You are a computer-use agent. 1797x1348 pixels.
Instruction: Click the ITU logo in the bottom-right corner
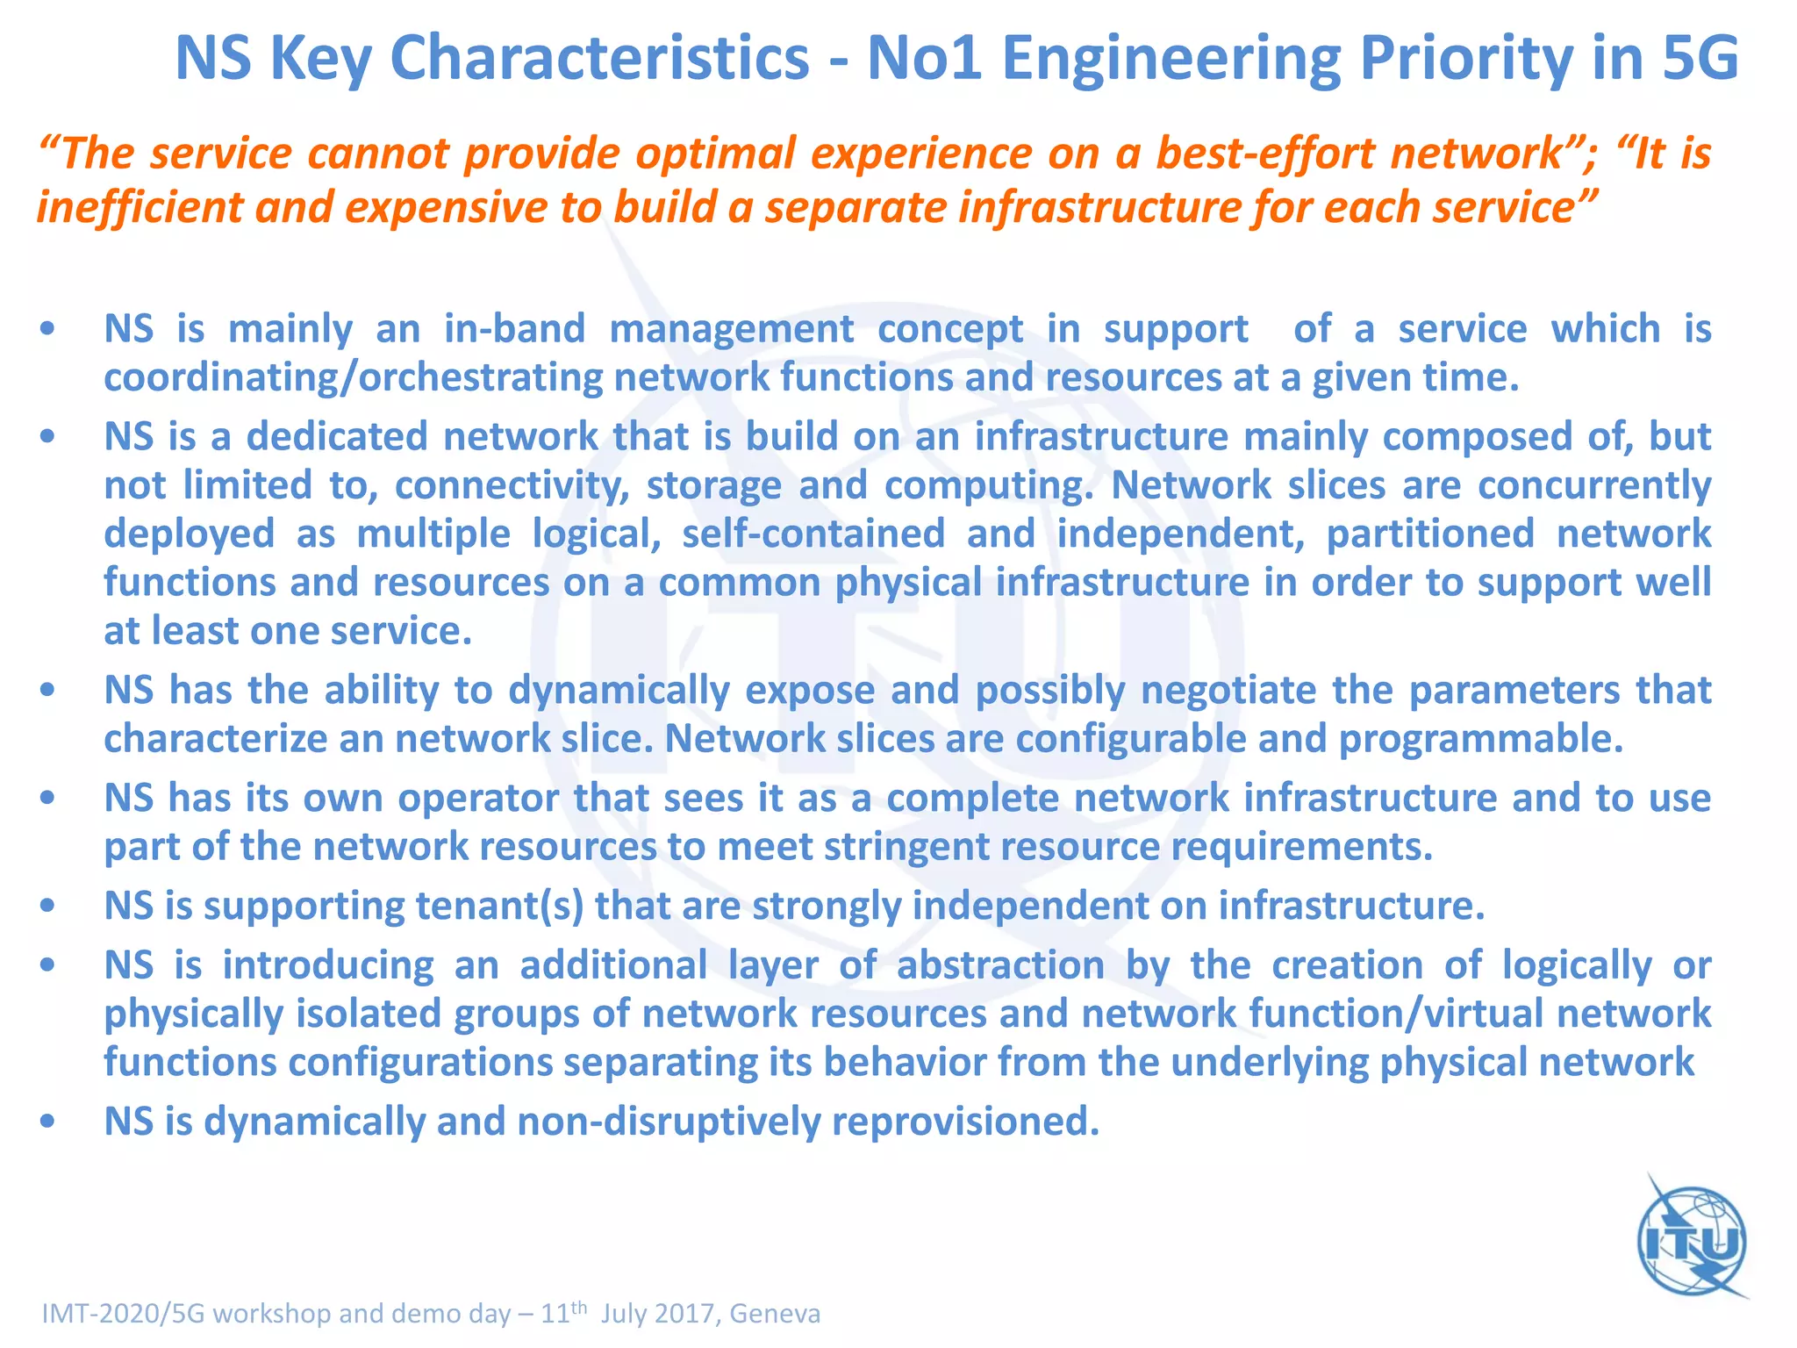click(x=1693, y=1241)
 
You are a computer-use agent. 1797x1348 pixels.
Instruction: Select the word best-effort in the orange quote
click(x=1271, y=154)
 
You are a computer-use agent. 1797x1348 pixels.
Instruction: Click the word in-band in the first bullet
click(x=514, y=329)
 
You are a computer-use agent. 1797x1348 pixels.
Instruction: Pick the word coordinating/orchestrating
click(x=353, y=378)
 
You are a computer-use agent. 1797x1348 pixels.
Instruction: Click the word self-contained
click(x=813, y=534)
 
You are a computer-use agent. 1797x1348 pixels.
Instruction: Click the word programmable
click(x=1481, y=739)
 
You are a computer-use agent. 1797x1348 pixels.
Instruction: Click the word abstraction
click(x=1000, y=965)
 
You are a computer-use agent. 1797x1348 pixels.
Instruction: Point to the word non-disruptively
click(x=668, y=1122)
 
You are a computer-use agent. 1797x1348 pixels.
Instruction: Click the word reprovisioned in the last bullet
click(x=965, y=1122)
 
